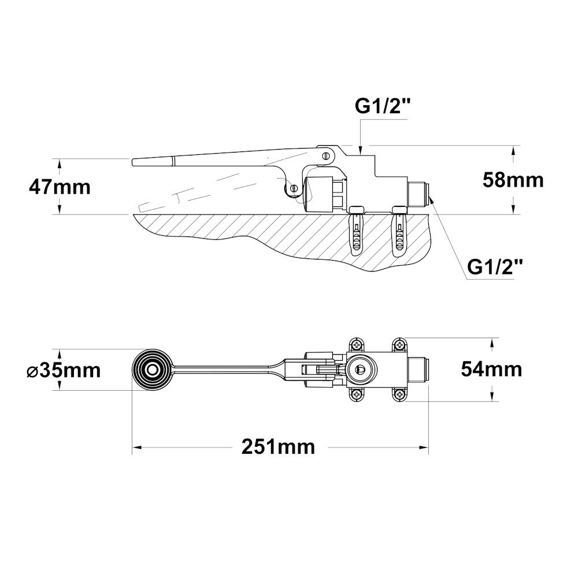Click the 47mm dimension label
(x=60, y=187)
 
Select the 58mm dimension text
(x=513, y=180)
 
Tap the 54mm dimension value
(x=491, y=369)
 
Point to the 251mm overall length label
(x=279, y=447)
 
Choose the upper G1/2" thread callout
(x=383, y=107)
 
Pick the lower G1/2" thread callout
(x=495, y=267)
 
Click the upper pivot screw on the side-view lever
(x=325, y=154)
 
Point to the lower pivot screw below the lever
(x=294, y=188)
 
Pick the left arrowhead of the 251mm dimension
(x=136, y=447)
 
